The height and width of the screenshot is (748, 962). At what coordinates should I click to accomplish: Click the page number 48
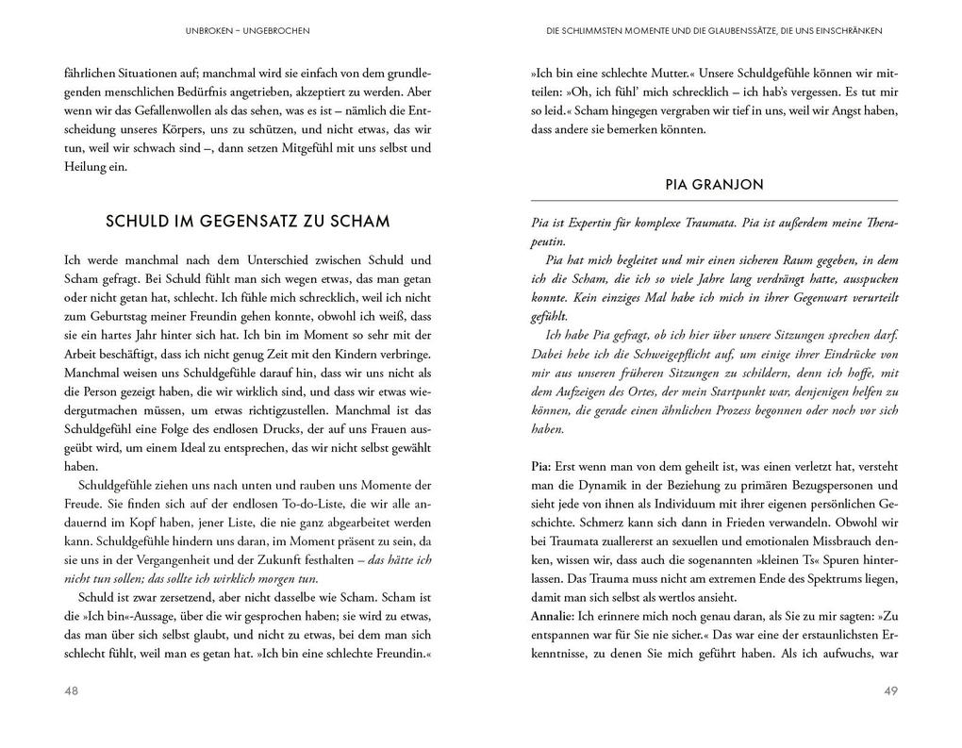click(72, 690)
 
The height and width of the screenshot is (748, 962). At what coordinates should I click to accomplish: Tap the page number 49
click(889, 690)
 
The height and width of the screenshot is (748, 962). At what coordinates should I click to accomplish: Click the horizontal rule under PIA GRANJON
click(714, 201)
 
